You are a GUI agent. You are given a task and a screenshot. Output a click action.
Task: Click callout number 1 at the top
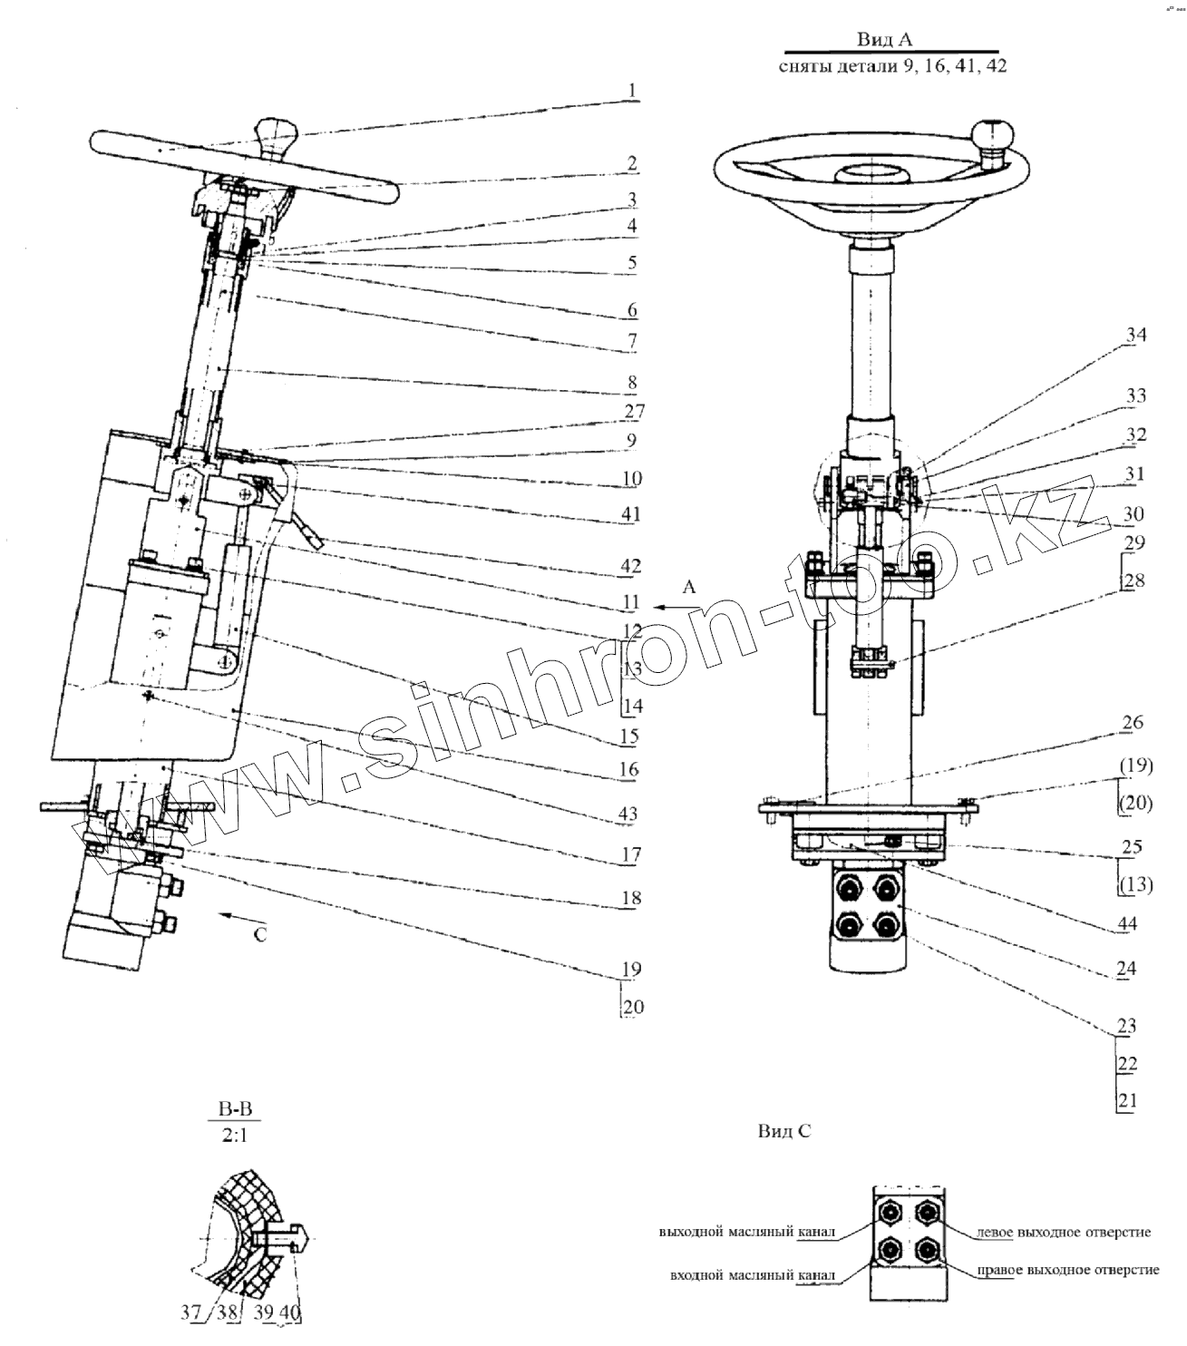click(632, 91)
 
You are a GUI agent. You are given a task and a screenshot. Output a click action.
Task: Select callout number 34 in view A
click(1135, 336)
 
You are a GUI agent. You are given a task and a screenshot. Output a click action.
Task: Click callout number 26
click(1132, 723)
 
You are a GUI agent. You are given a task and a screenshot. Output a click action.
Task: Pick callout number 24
click(1126, 969)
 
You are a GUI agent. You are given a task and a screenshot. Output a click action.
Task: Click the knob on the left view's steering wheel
click(277, 137)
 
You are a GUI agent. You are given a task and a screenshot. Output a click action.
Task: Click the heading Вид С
click(783, 1131)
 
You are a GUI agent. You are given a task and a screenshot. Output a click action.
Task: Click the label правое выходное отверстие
click(1068, 1270)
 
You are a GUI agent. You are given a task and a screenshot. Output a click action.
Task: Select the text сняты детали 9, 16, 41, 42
click(892, 67)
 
